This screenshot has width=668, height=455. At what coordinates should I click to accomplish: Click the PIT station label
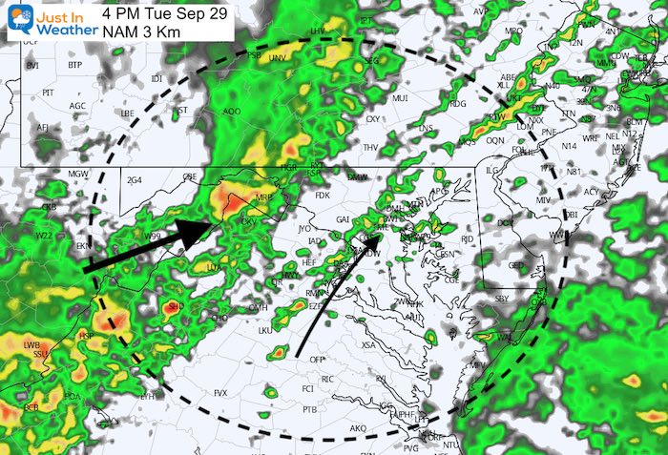pos(48,93)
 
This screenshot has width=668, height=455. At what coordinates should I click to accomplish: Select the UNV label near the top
pos(279,59)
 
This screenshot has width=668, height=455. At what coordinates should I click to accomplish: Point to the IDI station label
pos(157,78)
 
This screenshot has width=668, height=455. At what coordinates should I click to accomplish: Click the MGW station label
pos(77,173)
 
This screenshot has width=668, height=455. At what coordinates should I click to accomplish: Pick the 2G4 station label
pos(134,179)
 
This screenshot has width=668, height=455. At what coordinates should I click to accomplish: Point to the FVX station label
pos(220,393)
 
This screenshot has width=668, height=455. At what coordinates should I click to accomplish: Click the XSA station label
pos(368,344)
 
